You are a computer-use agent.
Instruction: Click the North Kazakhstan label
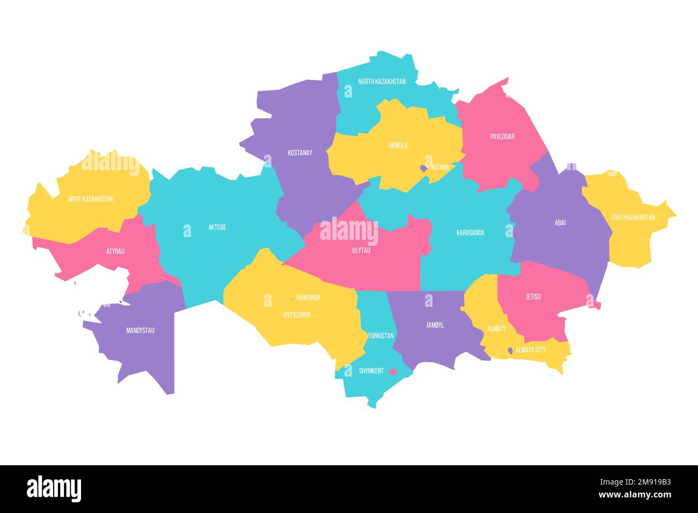[382, 82]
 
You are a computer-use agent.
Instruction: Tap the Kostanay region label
[300, 153]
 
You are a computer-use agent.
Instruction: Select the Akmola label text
[398, 145]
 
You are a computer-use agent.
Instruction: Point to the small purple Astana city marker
[424, 168]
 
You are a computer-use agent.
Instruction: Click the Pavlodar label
[502, 136]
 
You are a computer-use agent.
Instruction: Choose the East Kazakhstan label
[632, 217]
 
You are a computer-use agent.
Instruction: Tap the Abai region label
[560, 223]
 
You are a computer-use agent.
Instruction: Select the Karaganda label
[470, 233]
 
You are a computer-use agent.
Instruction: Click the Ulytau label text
[361, 250]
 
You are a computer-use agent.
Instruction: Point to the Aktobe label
[217, 228]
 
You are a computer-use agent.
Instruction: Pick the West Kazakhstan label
[90, 199]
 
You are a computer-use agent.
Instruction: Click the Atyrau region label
[115, 251]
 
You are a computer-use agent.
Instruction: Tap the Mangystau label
[140, 331]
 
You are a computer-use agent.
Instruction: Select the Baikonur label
[308, 297]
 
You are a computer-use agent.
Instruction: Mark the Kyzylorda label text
[296, 315]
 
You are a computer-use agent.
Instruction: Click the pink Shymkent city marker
[393, 371]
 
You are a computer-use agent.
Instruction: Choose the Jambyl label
[434, 325]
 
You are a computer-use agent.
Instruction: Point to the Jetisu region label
[533, 297]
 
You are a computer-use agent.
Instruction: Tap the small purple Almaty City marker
[510, 350]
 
